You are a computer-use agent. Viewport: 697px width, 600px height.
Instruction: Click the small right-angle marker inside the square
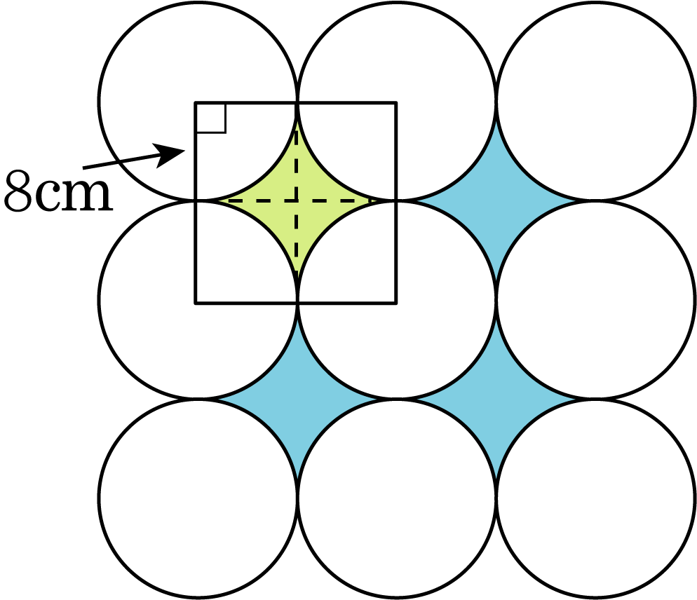coord(210,118)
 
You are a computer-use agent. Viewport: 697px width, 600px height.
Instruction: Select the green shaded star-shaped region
coord(297,201)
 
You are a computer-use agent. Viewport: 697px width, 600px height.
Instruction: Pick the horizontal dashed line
coord(297,201)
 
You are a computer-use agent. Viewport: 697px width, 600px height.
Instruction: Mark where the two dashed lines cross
coord(297,201)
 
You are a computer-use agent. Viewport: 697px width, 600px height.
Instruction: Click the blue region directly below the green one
coord(297,399)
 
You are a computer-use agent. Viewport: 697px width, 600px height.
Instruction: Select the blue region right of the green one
coord(496,201)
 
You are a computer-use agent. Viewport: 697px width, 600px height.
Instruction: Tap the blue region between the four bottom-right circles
coord(496,399)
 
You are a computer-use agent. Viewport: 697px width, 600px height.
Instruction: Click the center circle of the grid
coord(396,300)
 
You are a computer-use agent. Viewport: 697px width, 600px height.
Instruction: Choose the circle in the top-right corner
coord(595,101)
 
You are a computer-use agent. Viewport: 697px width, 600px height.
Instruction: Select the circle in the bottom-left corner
coord(197,498)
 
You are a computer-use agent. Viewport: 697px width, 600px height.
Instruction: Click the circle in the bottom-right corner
coord(595,498)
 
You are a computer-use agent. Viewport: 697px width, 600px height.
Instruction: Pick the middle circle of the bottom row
coord(396,498)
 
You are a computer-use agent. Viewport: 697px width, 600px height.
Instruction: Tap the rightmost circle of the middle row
coord(595,300)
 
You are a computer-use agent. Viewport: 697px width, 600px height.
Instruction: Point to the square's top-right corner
coord(395,102)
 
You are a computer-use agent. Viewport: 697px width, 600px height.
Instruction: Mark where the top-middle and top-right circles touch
coord(496,102)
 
